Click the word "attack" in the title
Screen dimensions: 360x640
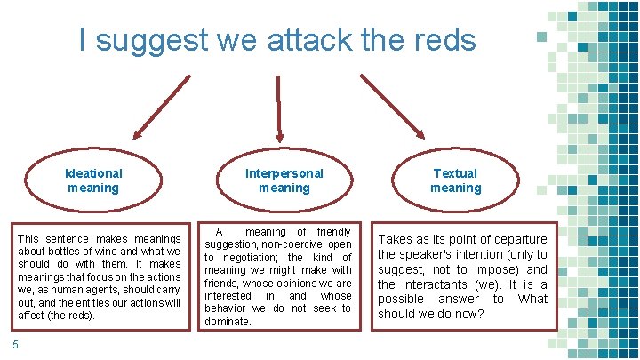click(x=303, y=40)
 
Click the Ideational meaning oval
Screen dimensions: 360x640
click(x=93, y=180)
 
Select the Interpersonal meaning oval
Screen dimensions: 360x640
click(x=284, y=180)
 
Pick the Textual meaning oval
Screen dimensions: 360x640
click(x=455, y=180)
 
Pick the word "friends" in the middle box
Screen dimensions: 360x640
click(x=222, y=283)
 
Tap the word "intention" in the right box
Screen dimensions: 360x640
click(x=484, y=254)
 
